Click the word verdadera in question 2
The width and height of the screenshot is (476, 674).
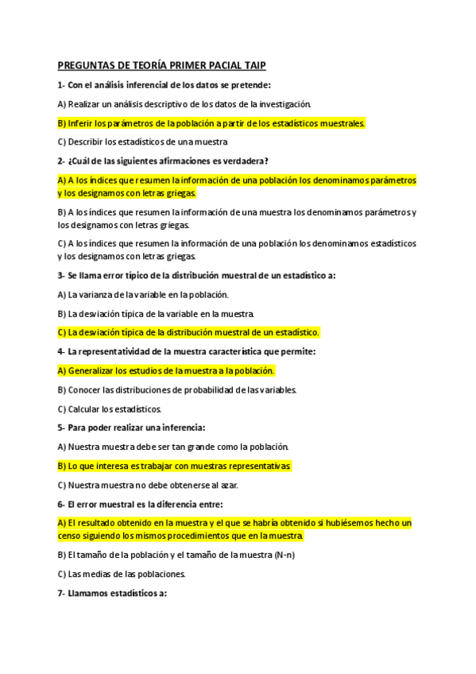click(x=205, y=161)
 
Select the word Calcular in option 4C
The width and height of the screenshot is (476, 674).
click(x=84, y=409)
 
